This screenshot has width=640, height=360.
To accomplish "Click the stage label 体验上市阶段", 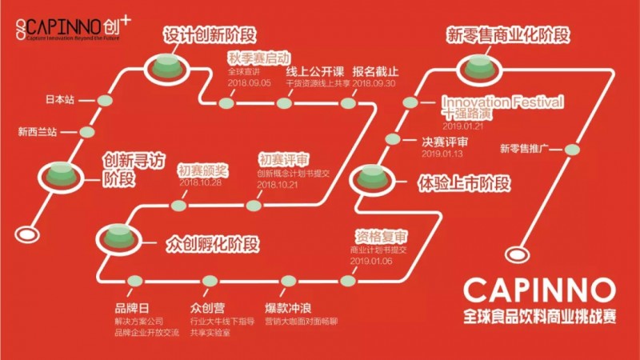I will coord(464,183).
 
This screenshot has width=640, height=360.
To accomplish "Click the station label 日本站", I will coord(60,101).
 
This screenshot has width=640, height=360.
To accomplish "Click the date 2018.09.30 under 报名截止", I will coord(375,83).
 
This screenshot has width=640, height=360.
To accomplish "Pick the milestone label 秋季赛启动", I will coord(254,58).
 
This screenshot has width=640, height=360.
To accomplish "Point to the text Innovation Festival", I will coord(503,102).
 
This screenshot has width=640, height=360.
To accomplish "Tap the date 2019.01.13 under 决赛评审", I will coord(443,154).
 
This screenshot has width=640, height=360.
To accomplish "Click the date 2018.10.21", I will coord(278,185).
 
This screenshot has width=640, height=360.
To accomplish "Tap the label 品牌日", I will coord(132,306).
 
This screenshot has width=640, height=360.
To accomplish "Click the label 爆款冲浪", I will coord(287,306).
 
